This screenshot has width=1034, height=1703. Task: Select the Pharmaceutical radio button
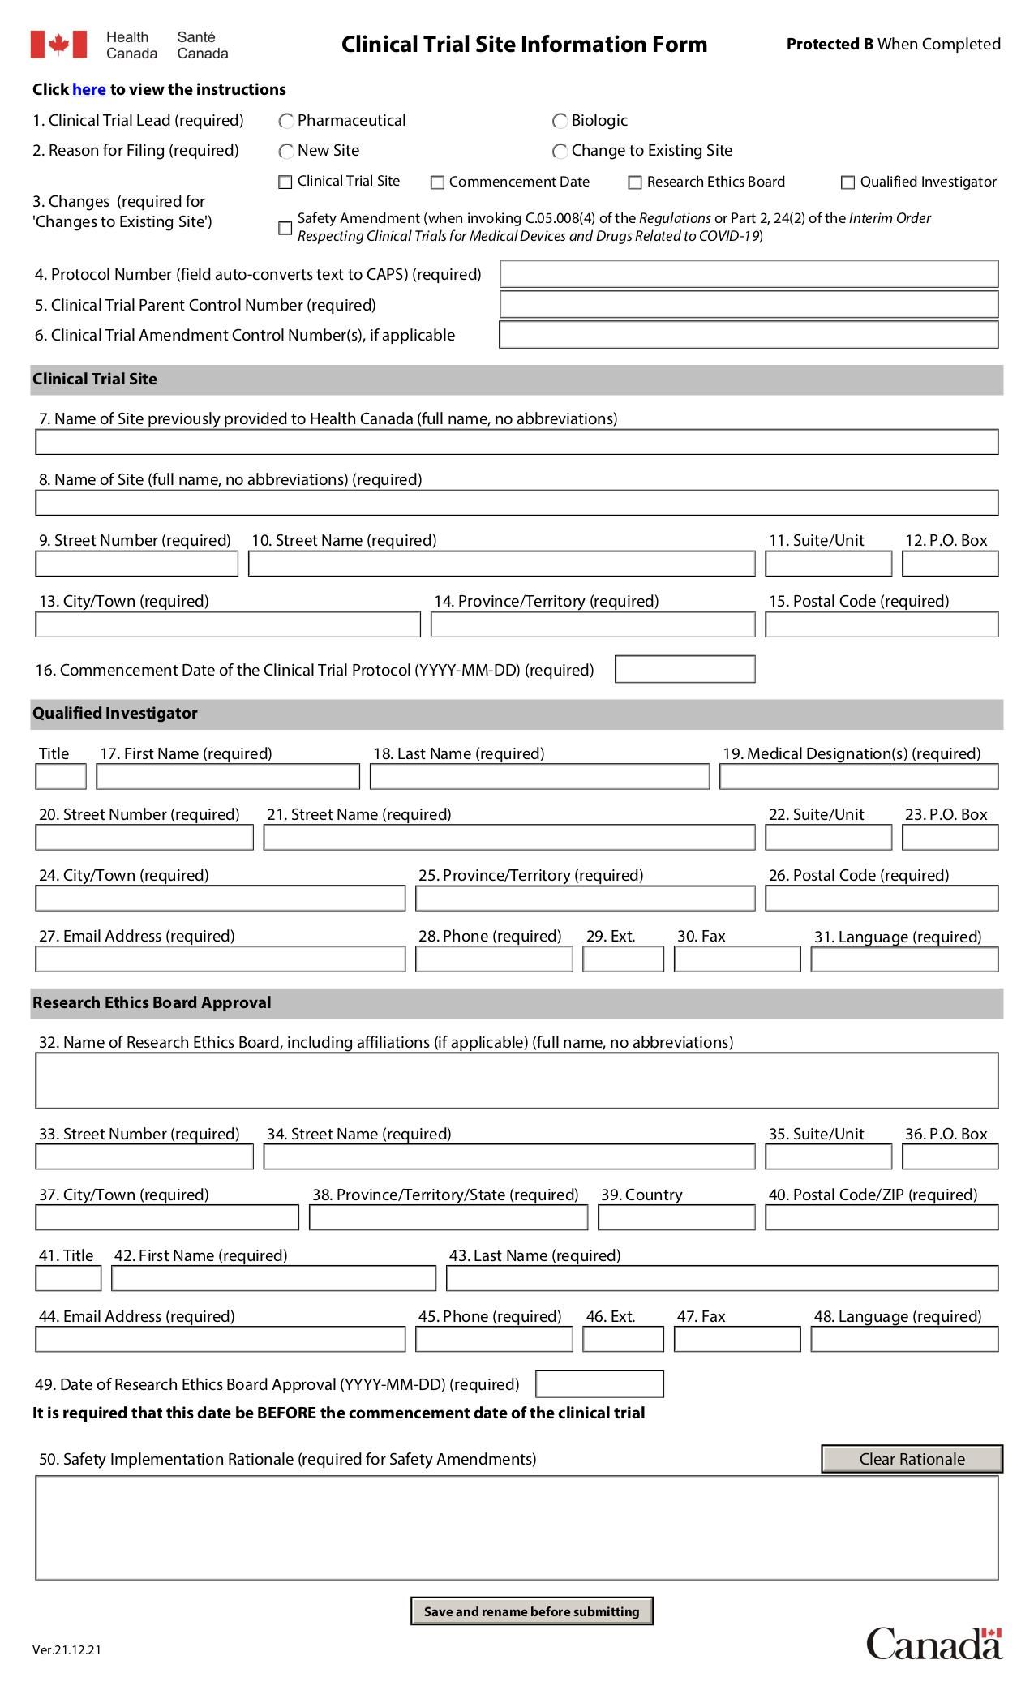[x=286, y=122]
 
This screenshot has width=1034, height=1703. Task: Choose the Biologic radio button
[x=560, y=122]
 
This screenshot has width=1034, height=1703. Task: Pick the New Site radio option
[x=286, y=152]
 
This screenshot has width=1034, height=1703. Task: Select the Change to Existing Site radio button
[x=560, y=152]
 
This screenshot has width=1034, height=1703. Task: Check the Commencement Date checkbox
[x=437, y=182]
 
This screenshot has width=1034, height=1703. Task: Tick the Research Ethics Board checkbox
[x=635, y=182]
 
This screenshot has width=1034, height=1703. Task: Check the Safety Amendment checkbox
[x=285, y=228]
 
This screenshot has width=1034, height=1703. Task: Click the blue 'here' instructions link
[x=89, y=90]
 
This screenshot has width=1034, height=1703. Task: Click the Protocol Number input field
[x=749, y=274]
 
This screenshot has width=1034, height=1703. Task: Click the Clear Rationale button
[x=912, y=1459]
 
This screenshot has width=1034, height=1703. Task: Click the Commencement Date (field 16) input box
[x=684, y=670]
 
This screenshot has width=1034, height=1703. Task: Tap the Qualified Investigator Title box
[x=61, y=777]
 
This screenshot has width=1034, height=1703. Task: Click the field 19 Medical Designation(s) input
[x=859, y=777]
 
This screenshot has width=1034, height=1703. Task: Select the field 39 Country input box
[x=676, y=1218]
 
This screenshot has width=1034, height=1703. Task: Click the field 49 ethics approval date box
[x=599, y=1384]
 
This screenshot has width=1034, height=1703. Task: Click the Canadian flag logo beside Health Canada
[x=58, y=45]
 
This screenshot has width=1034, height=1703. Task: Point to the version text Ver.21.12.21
[x=67, y=1649]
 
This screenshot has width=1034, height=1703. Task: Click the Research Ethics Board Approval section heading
[x=152, y=1003]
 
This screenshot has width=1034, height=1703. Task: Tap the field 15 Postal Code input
[x=882, y=624]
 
